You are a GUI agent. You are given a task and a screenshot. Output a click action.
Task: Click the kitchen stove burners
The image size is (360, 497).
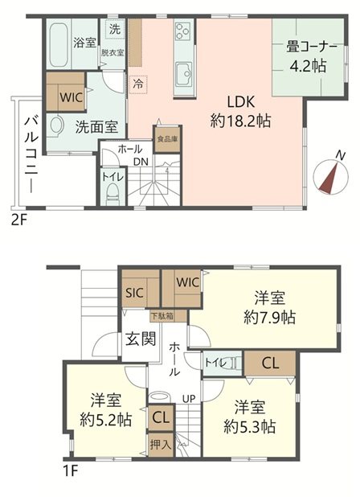(x=181, y=34)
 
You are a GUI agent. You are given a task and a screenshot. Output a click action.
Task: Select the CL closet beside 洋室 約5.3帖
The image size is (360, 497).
(x=269, y=363)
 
